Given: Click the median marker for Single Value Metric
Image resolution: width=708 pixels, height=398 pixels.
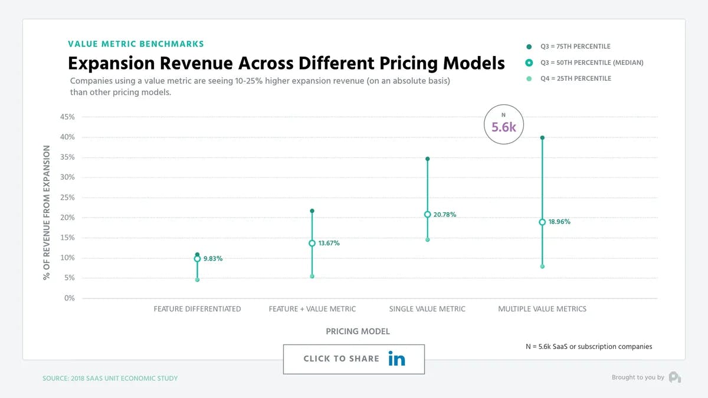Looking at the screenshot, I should [427, 215].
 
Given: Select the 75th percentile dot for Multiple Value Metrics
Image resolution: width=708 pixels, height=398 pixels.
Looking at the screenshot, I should [542, 138].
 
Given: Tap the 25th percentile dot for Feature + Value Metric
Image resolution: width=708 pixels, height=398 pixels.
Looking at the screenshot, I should [312, 276].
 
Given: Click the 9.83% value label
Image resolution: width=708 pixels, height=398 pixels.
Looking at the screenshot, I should [213, 259].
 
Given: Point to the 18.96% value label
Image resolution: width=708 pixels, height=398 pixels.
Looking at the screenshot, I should [559, 222].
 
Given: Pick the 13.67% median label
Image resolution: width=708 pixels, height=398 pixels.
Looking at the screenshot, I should [329, 244].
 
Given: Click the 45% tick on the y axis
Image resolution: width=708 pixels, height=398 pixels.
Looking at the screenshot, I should [67, 117].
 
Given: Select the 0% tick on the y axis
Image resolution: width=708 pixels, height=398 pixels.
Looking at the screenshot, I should [70, 298].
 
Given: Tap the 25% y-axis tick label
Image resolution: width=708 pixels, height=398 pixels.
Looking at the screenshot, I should [67, 198].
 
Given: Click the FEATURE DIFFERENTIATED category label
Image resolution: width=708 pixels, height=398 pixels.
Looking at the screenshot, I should [197, 309].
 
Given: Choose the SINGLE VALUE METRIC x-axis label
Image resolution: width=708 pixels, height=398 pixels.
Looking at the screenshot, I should [427, 309].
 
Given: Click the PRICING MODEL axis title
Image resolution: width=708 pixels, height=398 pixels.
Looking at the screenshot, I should [358, 332].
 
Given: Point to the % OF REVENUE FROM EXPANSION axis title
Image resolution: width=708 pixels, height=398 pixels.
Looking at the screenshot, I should [47, 213].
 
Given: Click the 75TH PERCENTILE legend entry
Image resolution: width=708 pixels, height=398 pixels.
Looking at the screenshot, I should [575, 47].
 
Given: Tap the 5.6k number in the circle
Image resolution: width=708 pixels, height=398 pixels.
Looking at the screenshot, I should [504, 126].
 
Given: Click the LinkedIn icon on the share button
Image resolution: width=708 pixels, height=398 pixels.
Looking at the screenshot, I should [396, 358].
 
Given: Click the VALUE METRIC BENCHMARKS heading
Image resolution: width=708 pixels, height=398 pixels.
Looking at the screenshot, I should [136, 44].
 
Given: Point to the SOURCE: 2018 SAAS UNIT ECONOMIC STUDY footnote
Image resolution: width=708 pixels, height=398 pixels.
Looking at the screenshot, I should [110, 378].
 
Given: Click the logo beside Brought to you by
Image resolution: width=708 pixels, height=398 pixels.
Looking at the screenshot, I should [674, 377].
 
